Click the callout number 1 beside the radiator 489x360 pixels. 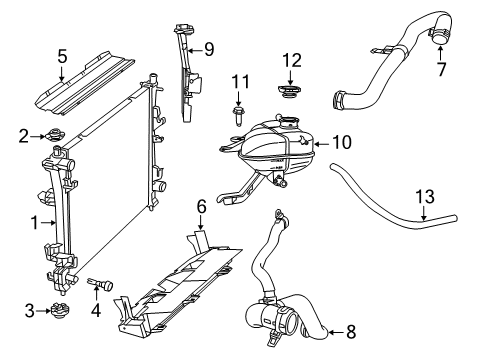[x=36, y=221]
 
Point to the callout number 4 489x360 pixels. [x=96, y=312]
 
